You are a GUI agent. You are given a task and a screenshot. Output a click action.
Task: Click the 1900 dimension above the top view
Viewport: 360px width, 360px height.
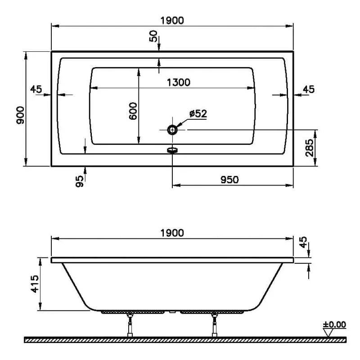coord(172,21)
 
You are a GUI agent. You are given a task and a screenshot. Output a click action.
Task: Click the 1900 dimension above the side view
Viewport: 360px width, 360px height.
coord(172,233)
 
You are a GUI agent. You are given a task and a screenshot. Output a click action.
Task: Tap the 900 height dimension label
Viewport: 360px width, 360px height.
coord(20,115)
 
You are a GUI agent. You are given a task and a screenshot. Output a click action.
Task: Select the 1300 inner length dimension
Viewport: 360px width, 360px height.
coord(179,83)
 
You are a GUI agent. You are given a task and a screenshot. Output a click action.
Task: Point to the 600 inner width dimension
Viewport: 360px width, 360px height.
coord(133,111)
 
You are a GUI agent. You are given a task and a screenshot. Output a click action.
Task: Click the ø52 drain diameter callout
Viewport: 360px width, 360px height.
coord(198,113)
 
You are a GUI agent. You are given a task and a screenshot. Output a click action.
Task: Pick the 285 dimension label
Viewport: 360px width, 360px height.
coord(309,148)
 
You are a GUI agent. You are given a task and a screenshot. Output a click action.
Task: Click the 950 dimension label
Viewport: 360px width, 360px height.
coord(229,180)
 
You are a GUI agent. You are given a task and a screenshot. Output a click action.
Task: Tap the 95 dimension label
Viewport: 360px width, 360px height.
coord(80,181)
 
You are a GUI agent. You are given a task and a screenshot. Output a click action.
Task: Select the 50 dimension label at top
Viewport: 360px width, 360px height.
coord(153,36)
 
